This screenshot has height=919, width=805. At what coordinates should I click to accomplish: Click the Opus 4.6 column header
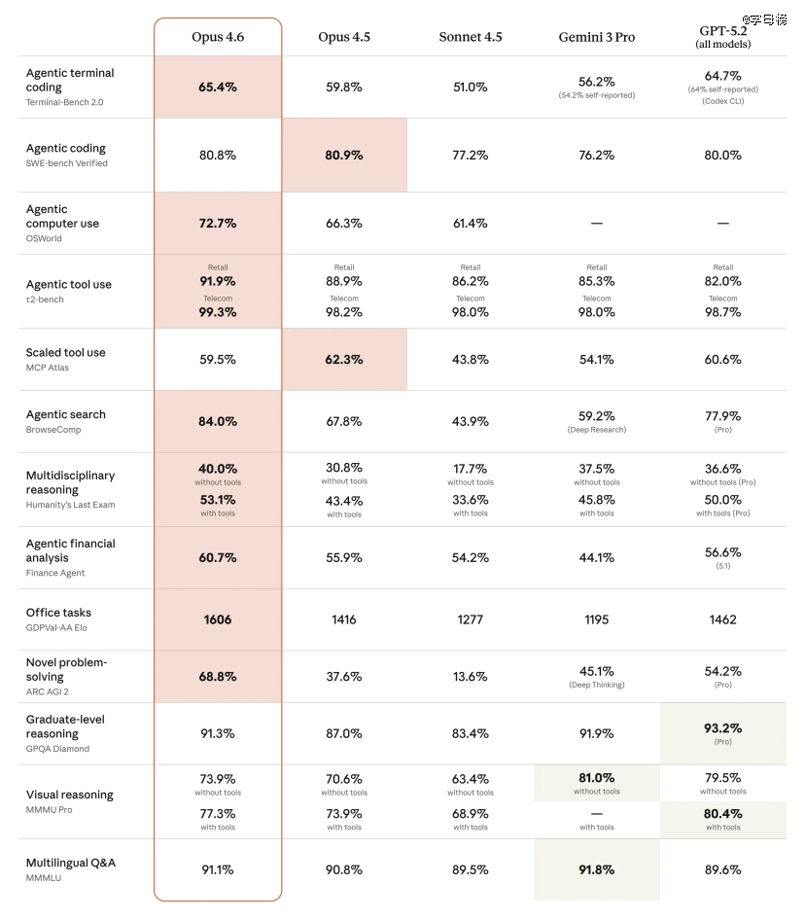218,37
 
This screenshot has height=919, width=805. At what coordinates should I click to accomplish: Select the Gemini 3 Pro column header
596,37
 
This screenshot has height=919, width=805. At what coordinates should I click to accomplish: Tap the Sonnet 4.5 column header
471,37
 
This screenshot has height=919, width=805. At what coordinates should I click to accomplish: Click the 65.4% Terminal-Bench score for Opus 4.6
218,88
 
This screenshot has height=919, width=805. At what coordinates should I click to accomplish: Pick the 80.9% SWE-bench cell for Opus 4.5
344,156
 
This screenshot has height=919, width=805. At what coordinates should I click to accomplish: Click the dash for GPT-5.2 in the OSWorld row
722,224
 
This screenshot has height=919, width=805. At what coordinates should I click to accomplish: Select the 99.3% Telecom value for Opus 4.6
218,312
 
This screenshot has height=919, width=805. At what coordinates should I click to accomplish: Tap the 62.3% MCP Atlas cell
344,360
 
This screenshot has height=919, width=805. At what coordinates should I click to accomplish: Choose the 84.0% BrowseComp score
218,422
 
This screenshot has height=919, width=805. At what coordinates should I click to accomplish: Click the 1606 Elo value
218,619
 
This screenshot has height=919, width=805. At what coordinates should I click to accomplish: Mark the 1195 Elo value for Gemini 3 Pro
596,619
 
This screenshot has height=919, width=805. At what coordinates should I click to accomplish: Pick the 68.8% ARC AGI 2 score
218,677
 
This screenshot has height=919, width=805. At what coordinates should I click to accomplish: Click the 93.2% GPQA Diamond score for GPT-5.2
722,728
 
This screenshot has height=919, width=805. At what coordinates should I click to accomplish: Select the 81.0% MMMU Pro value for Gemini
596,778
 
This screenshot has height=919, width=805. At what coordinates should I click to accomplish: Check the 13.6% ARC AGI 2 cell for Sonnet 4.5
471,677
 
